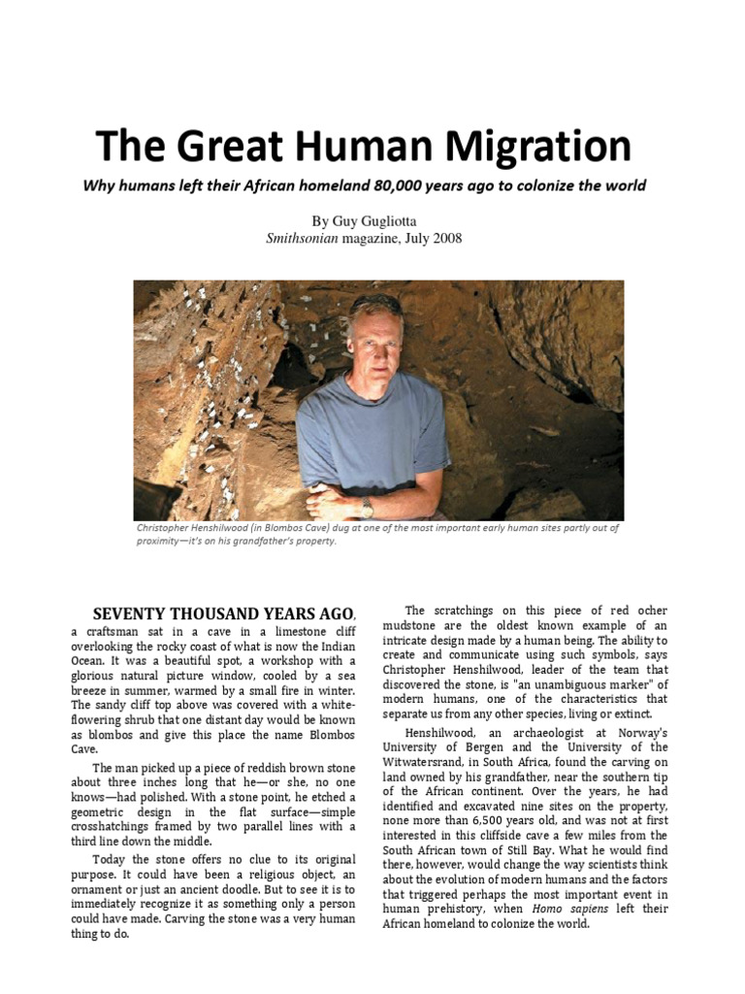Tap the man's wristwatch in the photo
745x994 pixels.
367,507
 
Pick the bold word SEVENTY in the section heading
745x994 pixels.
131,613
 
